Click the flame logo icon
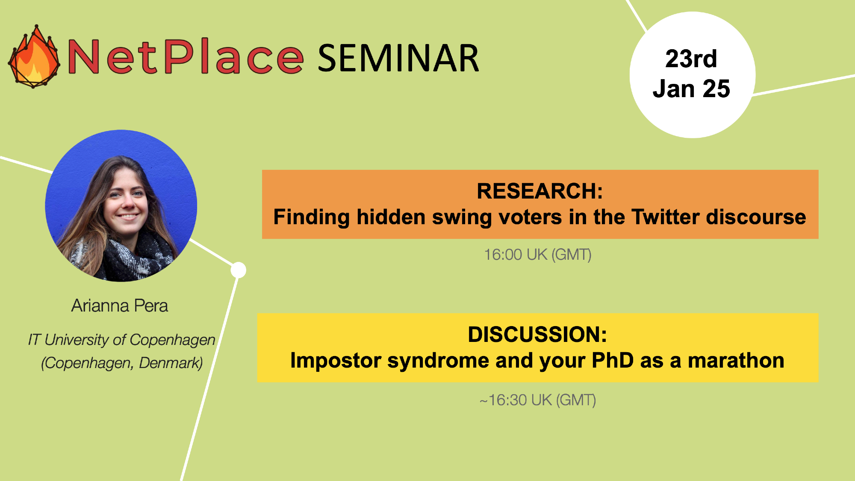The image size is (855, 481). (x=34, y=56)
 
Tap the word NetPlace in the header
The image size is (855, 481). (x=186, y=56)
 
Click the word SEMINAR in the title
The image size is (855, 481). (x=398, y=58)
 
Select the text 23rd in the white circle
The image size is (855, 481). (x=691, y=59)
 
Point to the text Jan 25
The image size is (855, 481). (x=691, y=89)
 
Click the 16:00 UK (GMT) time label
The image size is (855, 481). (x=538, y=255)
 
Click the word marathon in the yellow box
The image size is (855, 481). (x=736, y=360)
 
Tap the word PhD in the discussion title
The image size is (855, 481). (x=613, y=360)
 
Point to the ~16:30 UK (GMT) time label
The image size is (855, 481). (x=538, y=400)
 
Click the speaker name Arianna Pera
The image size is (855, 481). (x=120, y=306)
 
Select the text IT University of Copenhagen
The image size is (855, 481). (x=121, y=340)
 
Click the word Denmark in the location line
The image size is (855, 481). (x=171, y=363)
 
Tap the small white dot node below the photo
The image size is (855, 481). (x=239, y=270)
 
